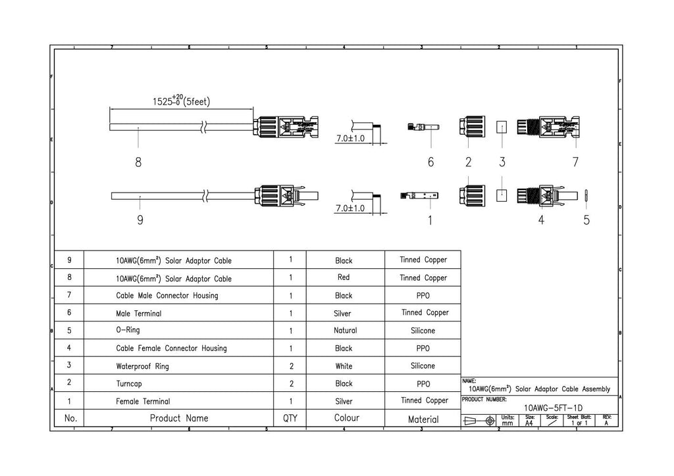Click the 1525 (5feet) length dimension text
181,101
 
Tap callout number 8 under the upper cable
138,162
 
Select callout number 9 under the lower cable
140,220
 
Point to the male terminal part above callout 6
423,127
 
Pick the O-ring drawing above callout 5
586,196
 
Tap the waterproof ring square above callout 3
502,127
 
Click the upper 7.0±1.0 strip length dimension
350,138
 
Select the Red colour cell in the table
344,277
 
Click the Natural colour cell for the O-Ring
345,331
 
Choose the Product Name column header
179,418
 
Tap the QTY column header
290,418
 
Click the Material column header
423,419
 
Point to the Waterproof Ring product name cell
142,366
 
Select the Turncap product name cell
128,384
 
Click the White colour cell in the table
344,366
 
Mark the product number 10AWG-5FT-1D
553,408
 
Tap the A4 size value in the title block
529,423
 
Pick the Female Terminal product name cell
143,401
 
